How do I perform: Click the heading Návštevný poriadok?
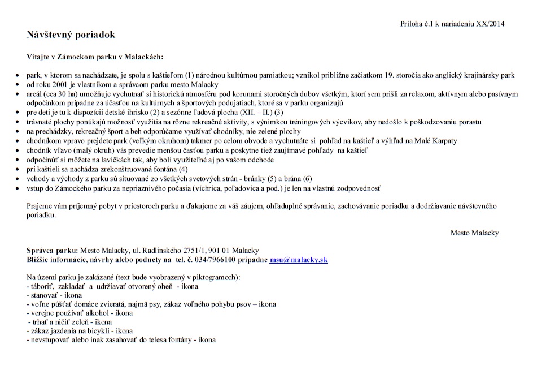(71, 35)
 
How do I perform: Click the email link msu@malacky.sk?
(299, 260)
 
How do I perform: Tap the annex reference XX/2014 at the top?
(490, 24)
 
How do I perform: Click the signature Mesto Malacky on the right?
(474, 233)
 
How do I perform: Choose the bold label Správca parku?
(52, 251)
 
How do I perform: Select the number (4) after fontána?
(183, 169)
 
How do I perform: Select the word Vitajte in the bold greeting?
(38, 57)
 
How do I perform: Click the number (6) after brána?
(307, 179)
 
